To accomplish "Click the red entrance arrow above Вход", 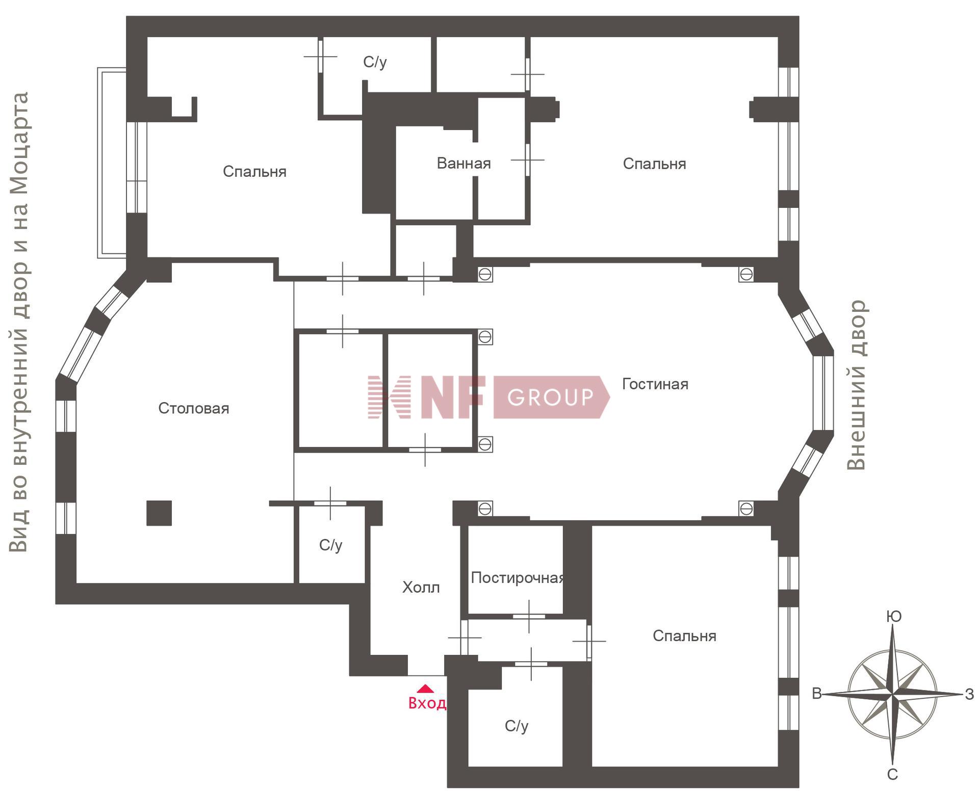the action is point(425,689).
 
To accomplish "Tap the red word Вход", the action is point(427,703).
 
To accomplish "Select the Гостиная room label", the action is point(655,384).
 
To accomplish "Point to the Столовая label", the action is point(194,408).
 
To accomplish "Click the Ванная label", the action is point(464,163).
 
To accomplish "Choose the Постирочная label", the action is point(518,577).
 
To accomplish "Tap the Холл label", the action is point(421,588).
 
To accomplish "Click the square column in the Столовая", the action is point(159,513).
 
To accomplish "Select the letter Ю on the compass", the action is point(894,617).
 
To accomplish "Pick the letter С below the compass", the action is point(892,775).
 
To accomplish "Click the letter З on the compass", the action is point(970,694).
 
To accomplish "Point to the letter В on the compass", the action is point(817,694).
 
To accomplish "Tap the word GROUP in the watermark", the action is point(551,397).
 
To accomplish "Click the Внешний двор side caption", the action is point(857,385).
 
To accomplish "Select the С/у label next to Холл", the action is point(331,545).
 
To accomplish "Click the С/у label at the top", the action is point(375,62).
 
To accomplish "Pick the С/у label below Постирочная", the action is point(517,726).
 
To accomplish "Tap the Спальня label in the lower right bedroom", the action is point(685,636).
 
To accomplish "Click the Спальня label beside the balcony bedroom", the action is point(254,171).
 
